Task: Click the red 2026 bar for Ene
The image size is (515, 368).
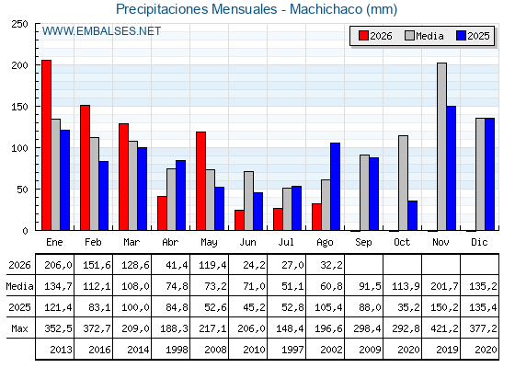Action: click(46, 145)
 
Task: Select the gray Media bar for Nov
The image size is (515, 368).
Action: click(441, 146)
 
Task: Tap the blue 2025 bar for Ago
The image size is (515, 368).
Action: click(336, 187)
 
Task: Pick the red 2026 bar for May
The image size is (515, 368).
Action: click(201, 181)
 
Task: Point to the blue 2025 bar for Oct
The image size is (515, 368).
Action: click(413, 215)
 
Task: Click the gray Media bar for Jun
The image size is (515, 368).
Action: click(248, 201)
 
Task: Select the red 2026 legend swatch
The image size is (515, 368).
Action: click(363, 36)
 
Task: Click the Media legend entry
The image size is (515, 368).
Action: click(424, 36)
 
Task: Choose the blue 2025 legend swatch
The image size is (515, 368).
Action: click(461, 36)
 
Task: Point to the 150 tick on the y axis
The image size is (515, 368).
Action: click(37, 107)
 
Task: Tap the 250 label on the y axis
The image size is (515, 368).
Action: click(19, 24)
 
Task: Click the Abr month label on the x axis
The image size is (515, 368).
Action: click(170, 242)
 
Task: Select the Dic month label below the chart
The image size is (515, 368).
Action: click(479, 242)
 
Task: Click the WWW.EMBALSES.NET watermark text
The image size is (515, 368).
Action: click(101, 31)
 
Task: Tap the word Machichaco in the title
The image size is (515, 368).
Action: click(326, 9)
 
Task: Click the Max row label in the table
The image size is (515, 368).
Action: click(19, 328)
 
